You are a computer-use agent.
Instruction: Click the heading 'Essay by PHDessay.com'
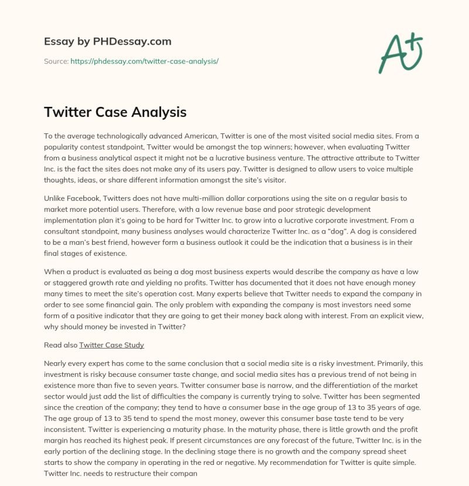[x=107, y=42]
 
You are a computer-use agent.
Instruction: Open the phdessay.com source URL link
[x=144, y=61]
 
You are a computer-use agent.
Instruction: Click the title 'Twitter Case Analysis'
[x=115, y=112]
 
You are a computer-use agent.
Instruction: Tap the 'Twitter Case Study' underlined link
[x=111, y=345]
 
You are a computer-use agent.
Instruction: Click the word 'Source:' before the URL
[x=56, y=61]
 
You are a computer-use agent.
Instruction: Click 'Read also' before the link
[x=60, y=345]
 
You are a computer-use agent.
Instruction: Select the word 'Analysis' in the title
[x=159, y=112]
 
